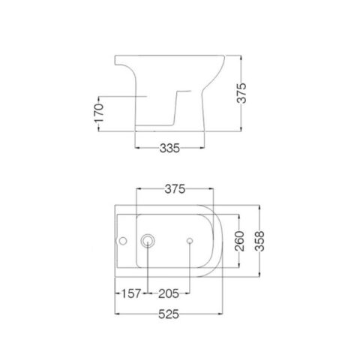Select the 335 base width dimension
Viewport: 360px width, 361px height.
170,149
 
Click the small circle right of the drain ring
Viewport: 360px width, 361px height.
189,241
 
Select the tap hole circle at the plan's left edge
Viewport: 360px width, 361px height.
121,241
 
